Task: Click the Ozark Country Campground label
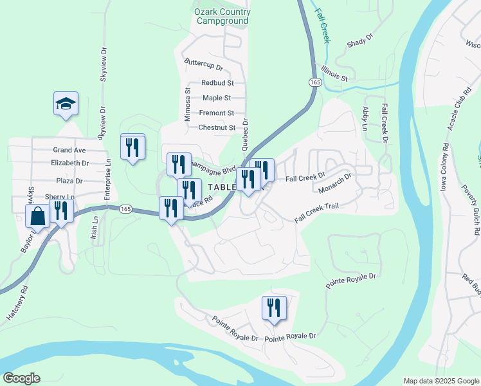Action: click(x=222, y=16)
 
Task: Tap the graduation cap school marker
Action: click(x=66, y=104)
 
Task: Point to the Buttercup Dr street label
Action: click(x=203, y=67)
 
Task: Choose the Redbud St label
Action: click(x=217, y=83)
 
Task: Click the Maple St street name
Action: click(x=217, y=98)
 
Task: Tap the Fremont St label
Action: click(x=217, y=113)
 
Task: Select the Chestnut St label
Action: click(x=217, y=127)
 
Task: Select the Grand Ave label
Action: click(x=69, y=150)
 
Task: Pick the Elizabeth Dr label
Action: click(x=69, y=163)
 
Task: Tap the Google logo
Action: click(x=21, y=378)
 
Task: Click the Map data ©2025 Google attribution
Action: click(x=441, y=381)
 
